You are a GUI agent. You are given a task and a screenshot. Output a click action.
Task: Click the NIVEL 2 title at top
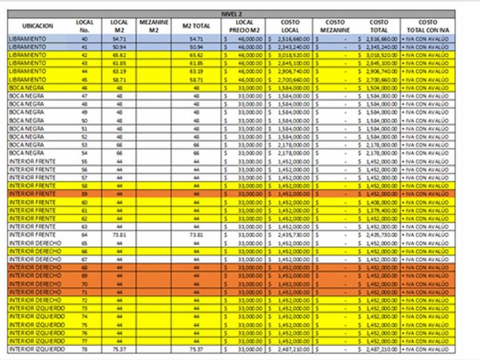233,13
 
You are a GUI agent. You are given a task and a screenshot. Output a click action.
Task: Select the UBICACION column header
38,26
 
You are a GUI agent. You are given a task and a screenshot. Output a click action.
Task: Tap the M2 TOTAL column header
197,26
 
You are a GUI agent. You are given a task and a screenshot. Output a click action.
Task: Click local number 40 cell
85,38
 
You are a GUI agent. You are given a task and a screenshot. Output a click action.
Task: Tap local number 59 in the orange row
85,194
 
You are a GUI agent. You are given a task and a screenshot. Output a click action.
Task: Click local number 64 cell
85,235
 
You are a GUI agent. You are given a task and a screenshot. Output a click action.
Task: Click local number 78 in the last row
85,349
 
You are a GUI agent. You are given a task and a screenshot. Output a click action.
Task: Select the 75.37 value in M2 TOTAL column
197,349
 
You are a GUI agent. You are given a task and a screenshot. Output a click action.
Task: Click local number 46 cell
85,87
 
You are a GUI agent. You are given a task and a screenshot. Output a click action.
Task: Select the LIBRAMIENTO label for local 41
27,46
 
